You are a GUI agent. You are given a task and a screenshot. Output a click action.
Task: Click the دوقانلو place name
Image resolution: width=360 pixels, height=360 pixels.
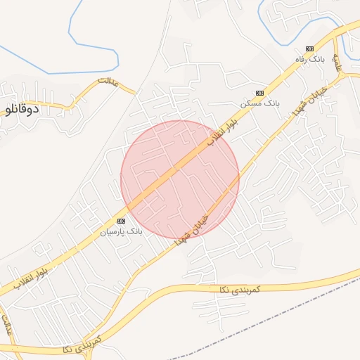(x=21, y=110)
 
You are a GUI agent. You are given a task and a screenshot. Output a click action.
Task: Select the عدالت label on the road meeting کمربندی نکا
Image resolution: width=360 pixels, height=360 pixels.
(x=8, y=328)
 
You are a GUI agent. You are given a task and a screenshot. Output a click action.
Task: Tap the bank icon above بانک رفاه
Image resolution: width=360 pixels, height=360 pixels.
(x=308, y=48)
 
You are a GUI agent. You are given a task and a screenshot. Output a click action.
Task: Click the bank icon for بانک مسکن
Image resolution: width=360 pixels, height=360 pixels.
(x=259, y=92)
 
